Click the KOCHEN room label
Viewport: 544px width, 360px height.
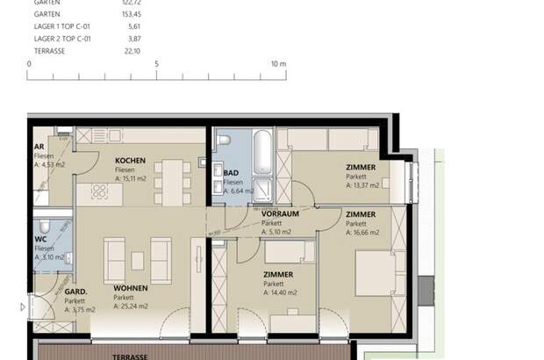point(131,161)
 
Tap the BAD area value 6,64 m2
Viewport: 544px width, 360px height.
point(239,191)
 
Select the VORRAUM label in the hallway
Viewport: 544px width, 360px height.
point(281,213)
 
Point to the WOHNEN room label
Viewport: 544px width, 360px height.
point(130,288)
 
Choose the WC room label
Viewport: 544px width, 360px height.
point(39,238)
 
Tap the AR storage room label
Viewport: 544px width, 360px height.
point(39,147)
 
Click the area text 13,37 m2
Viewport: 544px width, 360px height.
point(362,185)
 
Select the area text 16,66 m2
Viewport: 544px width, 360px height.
point(362,233)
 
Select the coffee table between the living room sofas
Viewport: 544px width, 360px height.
point(137,260)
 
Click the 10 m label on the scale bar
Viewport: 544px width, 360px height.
point(278,64)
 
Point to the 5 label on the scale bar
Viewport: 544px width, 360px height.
point(156,64)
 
